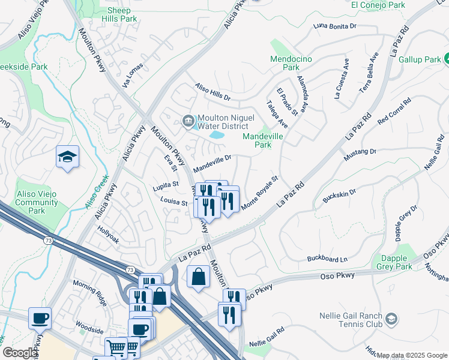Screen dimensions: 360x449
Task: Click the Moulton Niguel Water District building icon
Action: (188, 122)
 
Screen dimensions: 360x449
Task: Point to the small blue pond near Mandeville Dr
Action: (216, 136)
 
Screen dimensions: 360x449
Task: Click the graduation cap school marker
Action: (67, 157)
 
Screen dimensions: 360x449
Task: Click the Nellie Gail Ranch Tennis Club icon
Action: (391, 318)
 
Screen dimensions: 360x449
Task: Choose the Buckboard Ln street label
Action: (327, 259)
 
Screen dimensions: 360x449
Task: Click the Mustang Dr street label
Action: (360, 155)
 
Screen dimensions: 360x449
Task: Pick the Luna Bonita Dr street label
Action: (335, 26)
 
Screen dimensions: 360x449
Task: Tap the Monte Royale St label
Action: (261, 193)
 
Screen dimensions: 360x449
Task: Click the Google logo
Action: (20, 353)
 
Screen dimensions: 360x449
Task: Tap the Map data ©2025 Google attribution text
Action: (412, 355)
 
